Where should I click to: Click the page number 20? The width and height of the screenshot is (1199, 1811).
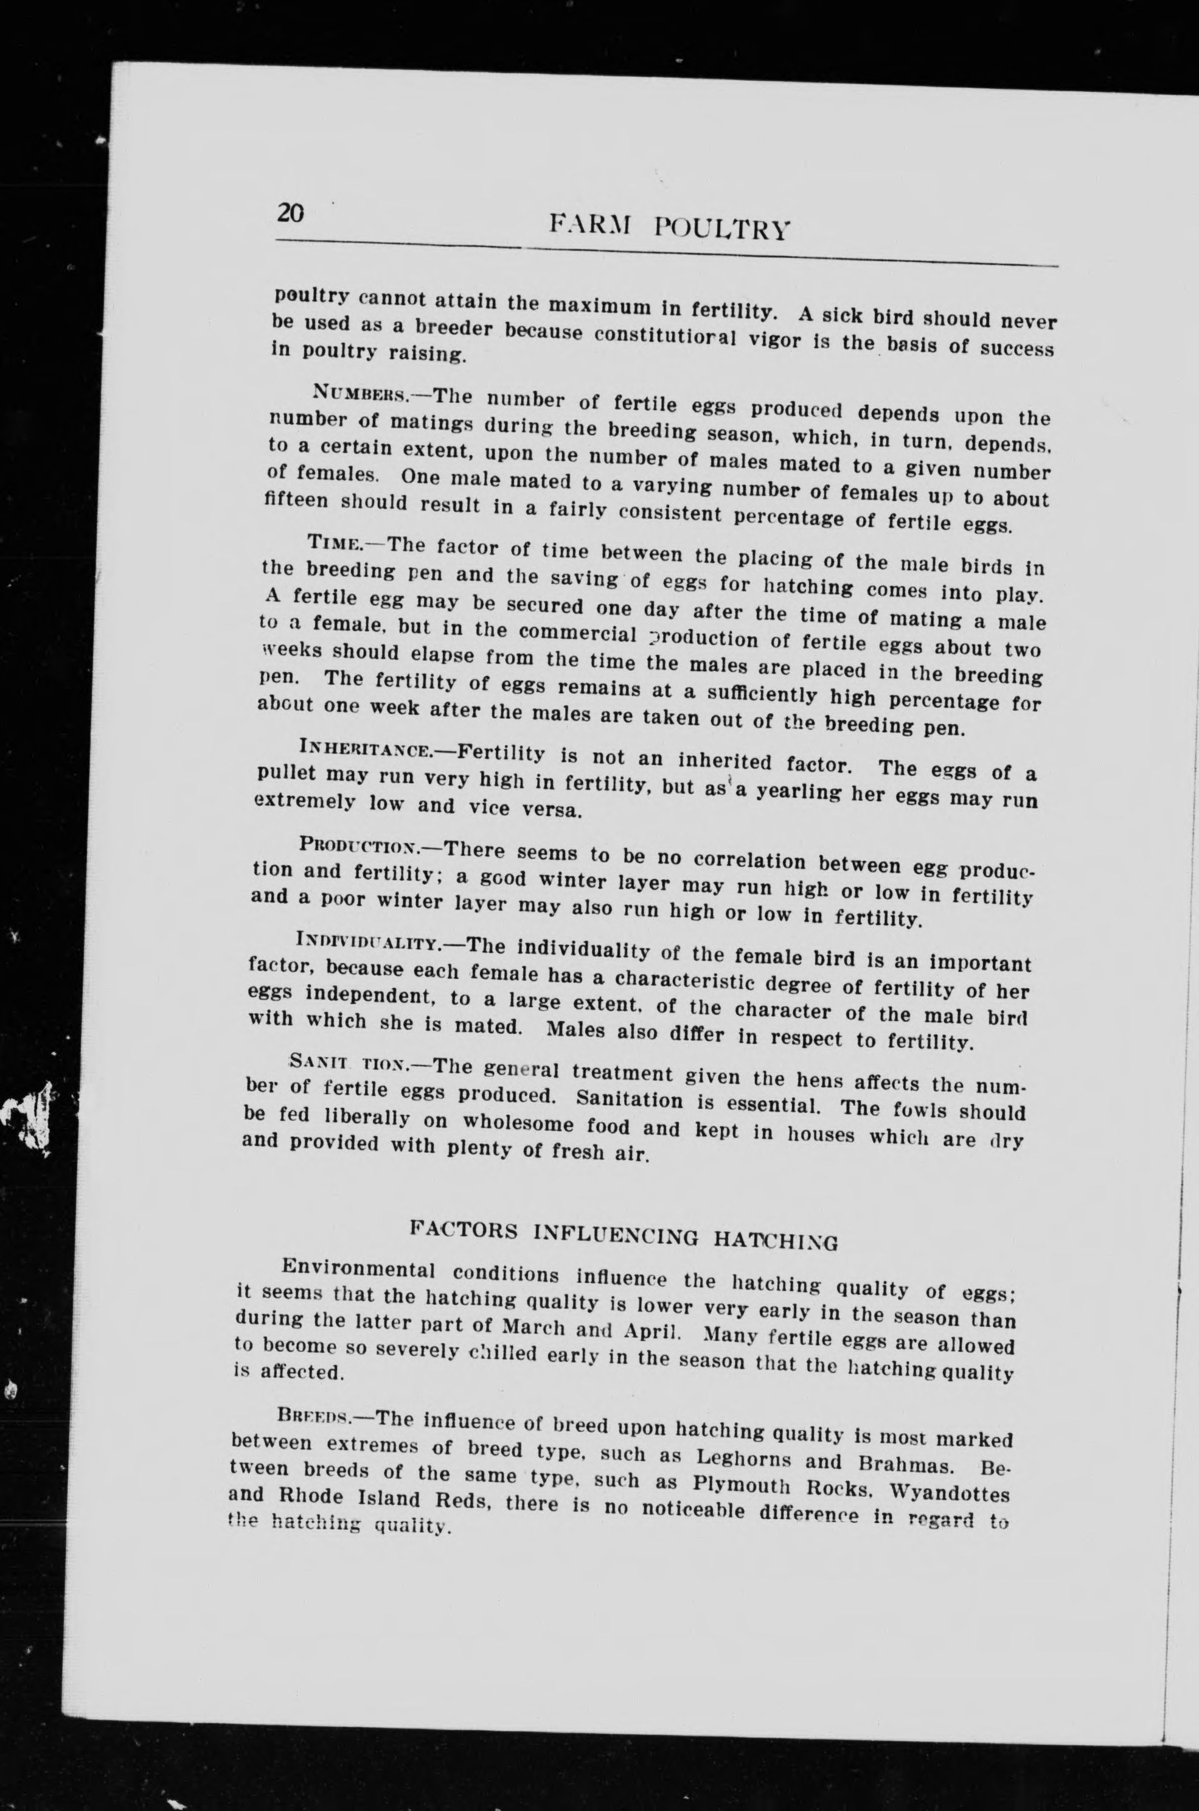pyautogui.click(x=291, y=212)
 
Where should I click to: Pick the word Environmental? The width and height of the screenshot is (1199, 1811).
pyautogui.click(x=358, y=1269)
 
